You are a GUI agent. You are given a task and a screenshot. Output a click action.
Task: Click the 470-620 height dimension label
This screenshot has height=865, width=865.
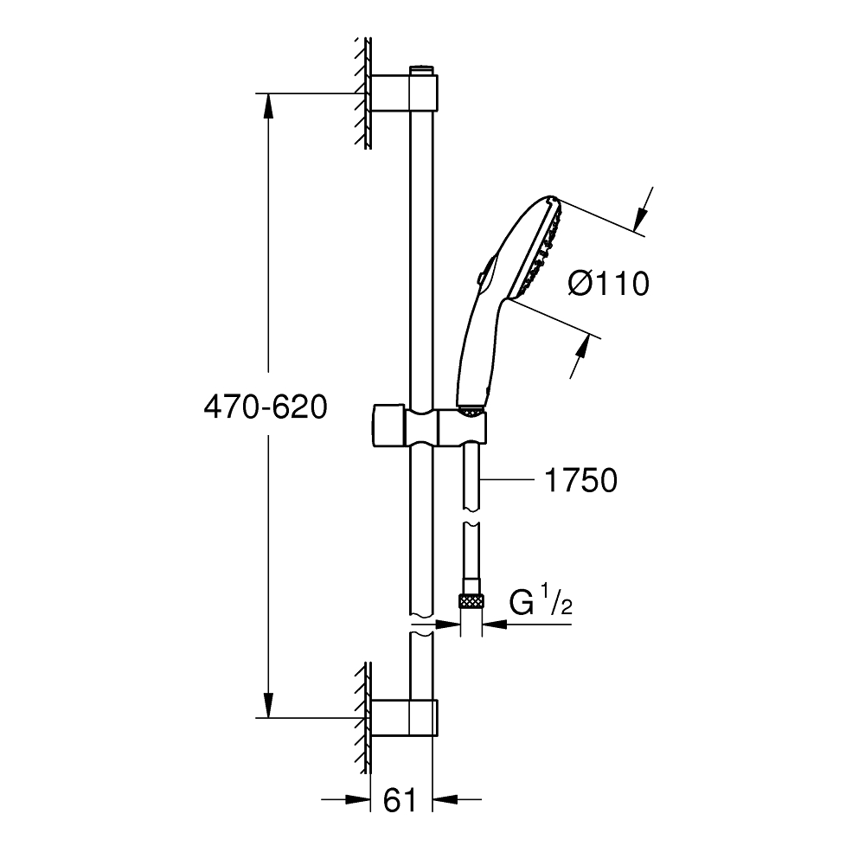click(265, 407)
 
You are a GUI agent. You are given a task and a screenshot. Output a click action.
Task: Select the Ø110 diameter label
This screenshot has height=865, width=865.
click(608, 283)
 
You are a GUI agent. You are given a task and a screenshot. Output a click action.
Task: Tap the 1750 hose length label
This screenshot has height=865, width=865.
click(580, 480)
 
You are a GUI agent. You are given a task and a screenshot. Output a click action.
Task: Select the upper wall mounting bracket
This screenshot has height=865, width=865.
click(405, 92)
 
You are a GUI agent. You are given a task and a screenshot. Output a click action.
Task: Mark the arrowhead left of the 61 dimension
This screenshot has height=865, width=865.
click(356, 799)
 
